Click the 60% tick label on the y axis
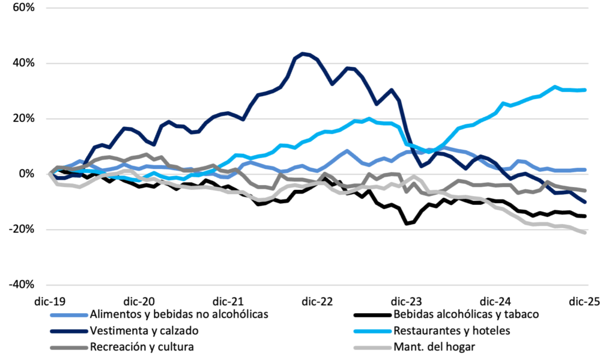point(22,8)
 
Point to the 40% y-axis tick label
point(22,64)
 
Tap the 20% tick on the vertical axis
point(22,119)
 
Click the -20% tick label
point(20,230)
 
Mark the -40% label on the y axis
point(20,285)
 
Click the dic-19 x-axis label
point(49,301)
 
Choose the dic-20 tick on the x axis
point(139,301)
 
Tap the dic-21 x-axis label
point(228,301)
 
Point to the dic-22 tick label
point(318,301)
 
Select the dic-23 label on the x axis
point(407,301)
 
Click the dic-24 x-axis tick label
point(497,301)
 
